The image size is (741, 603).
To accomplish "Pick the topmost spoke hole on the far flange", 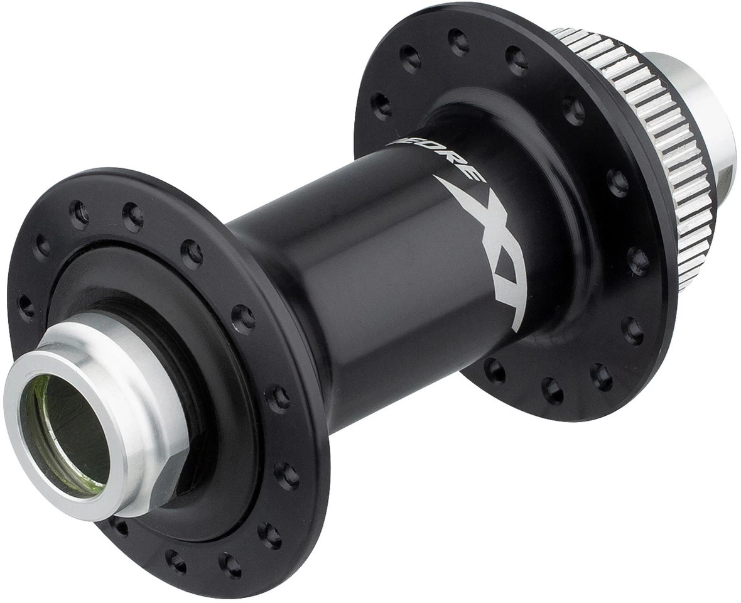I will tap(459, 40).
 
